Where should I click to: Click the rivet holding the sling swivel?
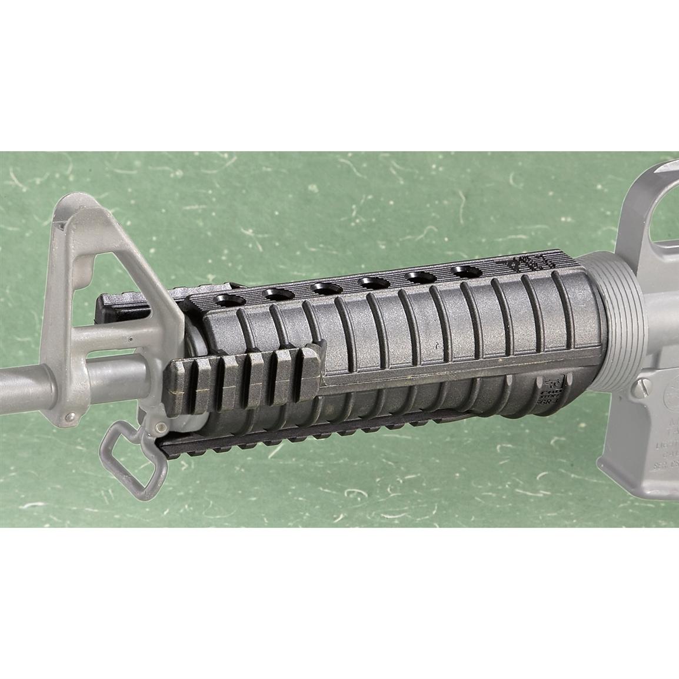click(x=158, y=425)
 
